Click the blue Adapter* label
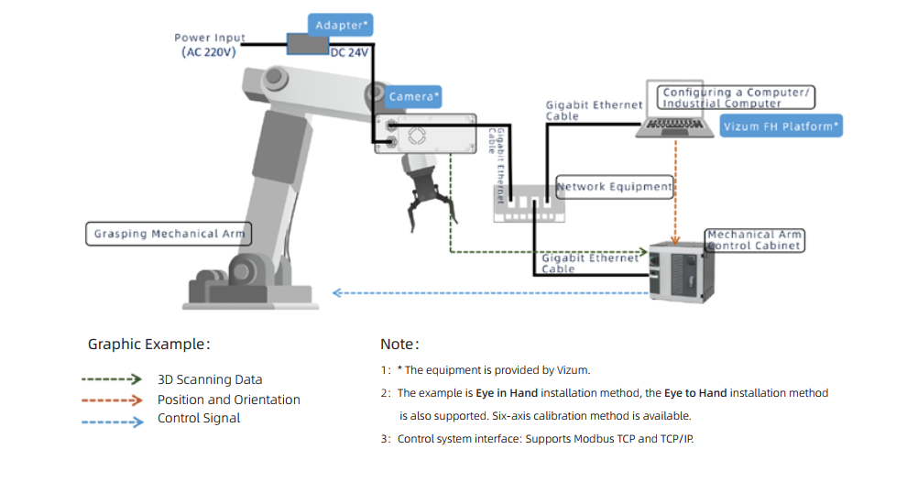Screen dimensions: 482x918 click(340, 25)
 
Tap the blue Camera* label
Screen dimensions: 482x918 click(414, 96)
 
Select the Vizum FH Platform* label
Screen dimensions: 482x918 click(781, 126)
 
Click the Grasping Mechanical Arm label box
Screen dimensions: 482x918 click(169, 234)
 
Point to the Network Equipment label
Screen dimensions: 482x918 click(615, 187)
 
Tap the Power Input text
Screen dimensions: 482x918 click(210, 38)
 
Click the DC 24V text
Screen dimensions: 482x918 click(349, 53)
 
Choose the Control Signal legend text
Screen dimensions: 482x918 click(199, 419)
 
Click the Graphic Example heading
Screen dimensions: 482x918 click(149, 345)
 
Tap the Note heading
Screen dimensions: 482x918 click(399, 345)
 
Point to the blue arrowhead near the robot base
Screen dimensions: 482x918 click(337, 293)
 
